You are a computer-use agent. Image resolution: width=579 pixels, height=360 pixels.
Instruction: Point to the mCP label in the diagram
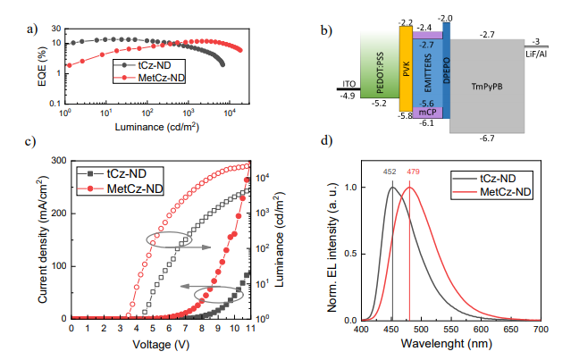click(x=426, y=112)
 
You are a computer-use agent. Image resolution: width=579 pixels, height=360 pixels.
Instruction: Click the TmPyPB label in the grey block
click(x=486, y=85)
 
